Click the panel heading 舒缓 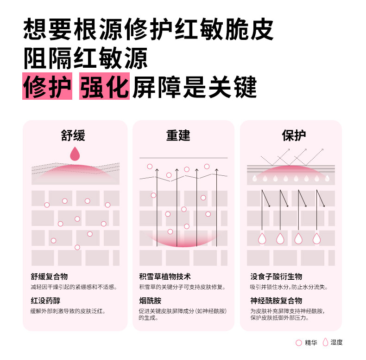[x=73, y=135]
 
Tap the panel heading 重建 [x=178, y=135]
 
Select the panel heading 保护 [x=294, y=135]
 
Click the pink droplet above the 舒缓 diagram [x=75, y=154]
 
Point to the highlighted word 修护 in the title [x=47, y=86]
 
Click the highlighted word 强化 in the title [x=104, y=86]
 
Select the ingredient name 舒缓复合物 [x=49, y=276]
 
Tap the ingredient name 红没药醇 [x=45, y=301]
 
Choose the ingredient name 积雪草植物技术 [x=165, y=276]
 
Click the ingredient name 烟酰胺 [x=150, y=301]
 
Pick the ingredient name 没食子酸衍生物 [x=276, y=276]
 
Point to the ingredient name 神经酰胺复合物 [x=276, y=301]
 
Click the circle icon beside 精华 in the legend [x=299, y=343]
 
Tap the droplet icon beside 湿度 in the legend [x=325, y=342]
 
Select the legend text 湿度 [x=337, y=343]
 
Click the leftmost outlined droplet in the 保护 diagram [x=262, y=238]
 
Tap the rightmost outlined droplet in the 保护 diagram [x=317, y=238]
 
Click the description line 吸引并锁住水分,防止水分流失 [x=289, y=287]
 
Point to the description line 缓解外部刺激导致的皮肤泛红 [x=68, y=311]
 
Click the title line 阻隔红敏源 [x=85, y=58]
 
